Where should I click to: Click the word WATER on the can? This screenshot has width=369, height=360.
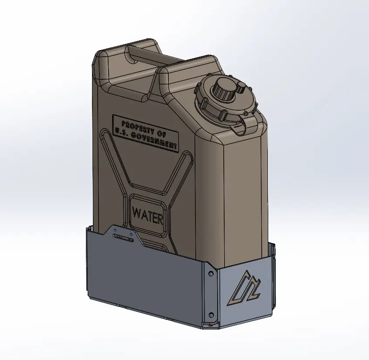tap(148, 215)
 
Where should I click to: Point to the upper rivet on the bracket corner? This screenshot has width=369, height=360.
tap(211, 273)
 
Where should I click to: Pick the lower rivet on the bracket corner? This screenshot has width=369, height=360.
tap(211, 315)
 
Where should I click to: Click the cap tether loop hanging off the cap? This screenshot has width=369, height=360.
tap(238, 128)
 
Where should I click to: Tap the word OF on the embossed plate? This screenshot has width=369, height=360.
tap(162, 131)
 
